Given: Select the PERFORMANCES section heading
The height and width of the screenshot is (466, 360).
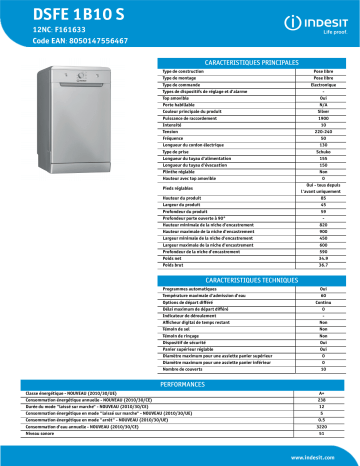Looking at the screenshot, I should click(195, 383).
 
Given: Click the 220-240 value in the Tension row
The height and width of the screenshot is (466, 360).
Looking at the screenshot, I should click(322, 127).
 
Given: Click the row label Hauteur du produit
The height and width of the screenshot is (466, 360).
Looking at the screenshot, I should click(186, 197).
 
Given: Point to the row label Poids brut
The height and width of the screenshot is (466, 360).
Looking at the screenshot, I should click(176, 264).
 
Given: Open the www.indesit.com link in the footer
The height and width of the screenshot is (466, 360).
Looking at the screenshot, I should click(320, 455).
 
